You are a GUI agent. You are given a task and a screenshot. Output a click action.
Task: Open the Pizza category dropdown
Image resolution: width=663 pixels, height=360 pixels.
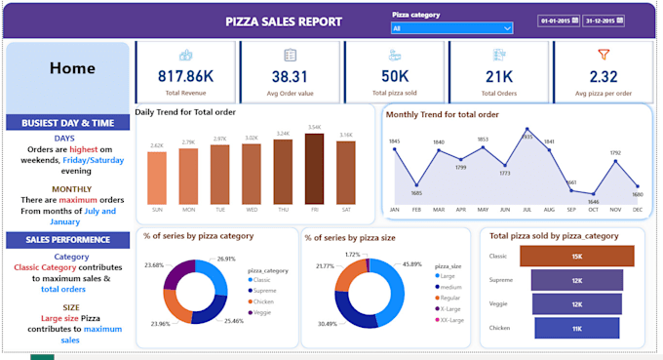point(451,28)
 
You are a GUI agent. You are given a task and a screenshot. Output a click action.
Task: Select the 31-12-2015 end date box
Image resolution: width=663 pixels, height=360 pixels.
point(605,20)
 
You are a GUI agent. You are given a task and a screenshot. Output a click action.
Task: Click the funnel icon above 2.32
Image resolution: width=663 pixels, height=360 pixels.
point(603,55)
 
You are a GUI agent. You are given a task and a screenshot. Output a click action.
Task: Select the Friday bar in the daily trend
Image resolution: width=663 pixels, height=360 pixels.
point(314,167)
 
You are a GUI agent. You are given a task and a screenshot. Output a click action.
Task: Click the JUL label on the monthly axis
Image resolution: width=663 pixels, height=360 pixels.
point(526,210)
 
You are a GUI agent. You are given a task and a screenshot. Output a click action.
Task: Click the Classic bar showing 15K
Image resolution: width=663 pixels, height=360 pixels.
point(576,256)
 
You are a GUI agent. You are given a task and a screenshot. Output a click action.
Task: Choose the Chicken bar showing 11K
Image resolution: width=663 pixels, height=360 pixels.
point(576,328)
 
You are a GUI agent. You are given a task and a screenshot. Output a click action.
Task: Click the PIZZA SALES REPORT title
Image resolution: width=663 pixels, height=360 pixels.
point(284,21)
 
